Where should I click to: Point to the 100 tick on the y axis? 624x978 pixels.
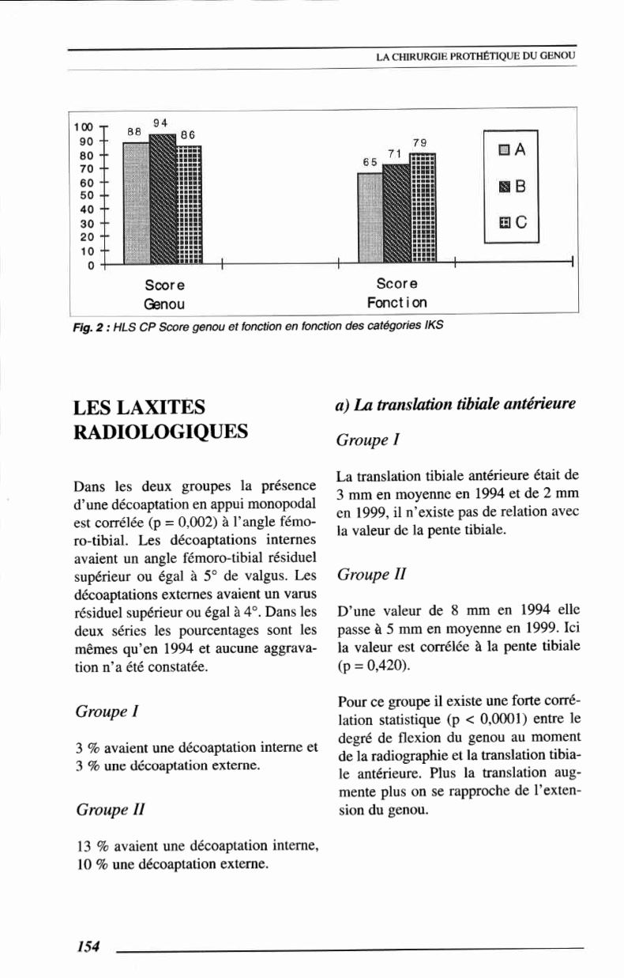[83, 126]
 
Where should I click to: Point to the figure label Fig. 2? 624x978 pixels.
[85, 323]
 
